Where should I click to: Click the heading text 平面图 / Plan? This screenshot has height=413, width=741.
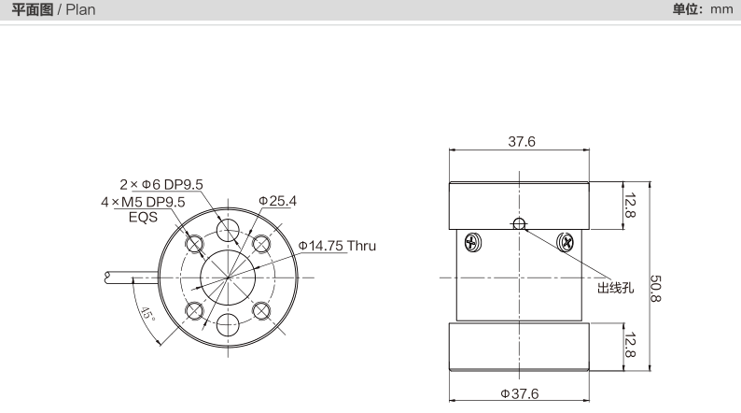[53, 9]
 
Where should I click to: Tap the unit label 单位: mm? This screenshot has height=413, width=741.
[702, 9]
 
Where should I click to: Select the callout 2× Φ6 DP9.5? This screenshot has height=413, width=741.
[161, 184]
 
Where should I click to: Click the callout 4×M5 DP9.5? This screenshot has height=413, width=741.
[143, 202]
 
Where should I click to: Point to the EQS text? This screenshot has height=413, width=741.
[143, 217]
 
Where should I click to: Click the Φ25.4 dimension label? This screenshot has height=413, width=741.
[277, 201]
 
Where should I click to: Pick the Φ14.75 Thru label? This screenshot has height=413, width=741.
[337, 246]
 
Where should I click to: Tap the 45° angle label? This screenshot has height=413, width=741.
[147, 314]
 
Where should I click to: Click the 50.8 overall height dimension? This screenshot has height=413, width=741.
[656, 288]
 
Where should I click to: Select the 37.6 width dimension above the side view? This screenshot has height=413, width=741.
[522, 141]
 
